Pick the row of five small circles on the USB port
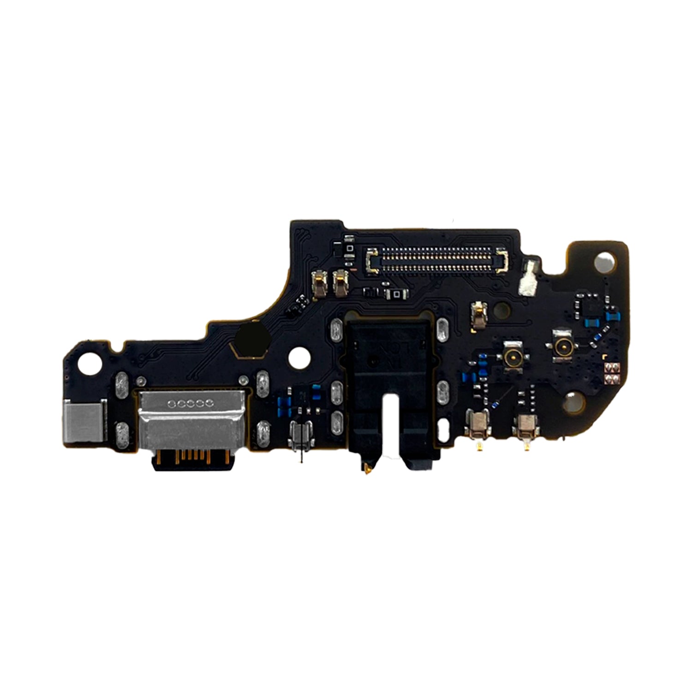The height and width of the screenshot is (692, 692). pyautogui.click(x=190, y=404)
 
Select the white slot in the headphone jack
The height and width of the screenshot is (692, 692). pyautogui.click(x=392, y=418)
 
